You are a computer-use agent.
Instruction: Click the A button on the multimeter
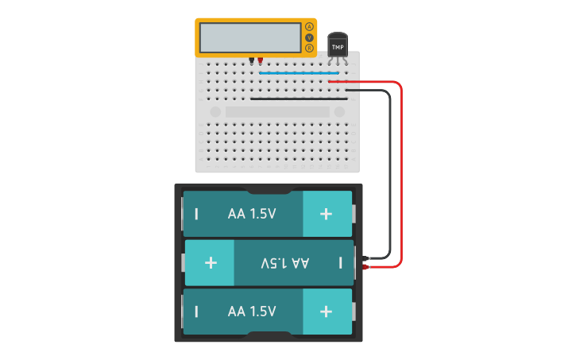coord(309,27)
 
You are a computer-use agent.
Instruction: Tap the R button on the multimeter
coord(309,48)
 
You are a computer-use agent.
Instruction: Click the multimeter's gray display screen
coord(249,37)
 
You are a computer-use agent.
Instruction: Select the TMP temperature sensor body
coord(338,46)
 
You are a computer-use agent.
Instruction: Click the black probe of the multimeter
coord(252,60)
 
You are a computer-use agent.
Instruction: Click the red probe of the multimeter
coord(260,60)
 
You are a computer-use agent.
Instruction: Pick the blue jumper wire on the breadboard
coord(298,73)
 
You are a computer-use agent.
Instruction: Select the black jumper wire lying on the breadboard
coord(298,99)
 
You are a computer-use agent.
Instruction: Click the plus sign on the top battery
coord(326,214)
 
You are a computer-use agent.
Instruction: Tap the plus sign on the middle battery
coord(211,262)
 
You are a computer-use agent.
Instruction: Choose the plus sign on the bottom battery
coord(326,311)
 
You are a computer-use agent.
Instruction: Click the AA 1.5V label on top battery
coord(252,214)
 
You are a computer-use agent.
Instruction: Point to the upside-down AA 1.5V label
coord(284,262)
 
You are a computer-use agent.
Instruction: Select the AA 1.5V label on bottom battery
coord(252,311)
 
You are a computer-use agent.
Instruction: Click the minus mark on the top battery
coord(196,214)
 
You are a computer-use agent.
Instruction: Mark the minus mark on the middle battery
coord(341,262)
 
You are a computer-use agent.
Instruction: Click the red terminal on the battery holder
coord(365,267)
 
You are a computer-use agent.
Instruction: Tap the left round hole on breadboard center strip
coord(215,112)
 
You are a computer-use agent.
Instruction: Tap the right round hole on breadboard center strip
coord(339,112)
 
